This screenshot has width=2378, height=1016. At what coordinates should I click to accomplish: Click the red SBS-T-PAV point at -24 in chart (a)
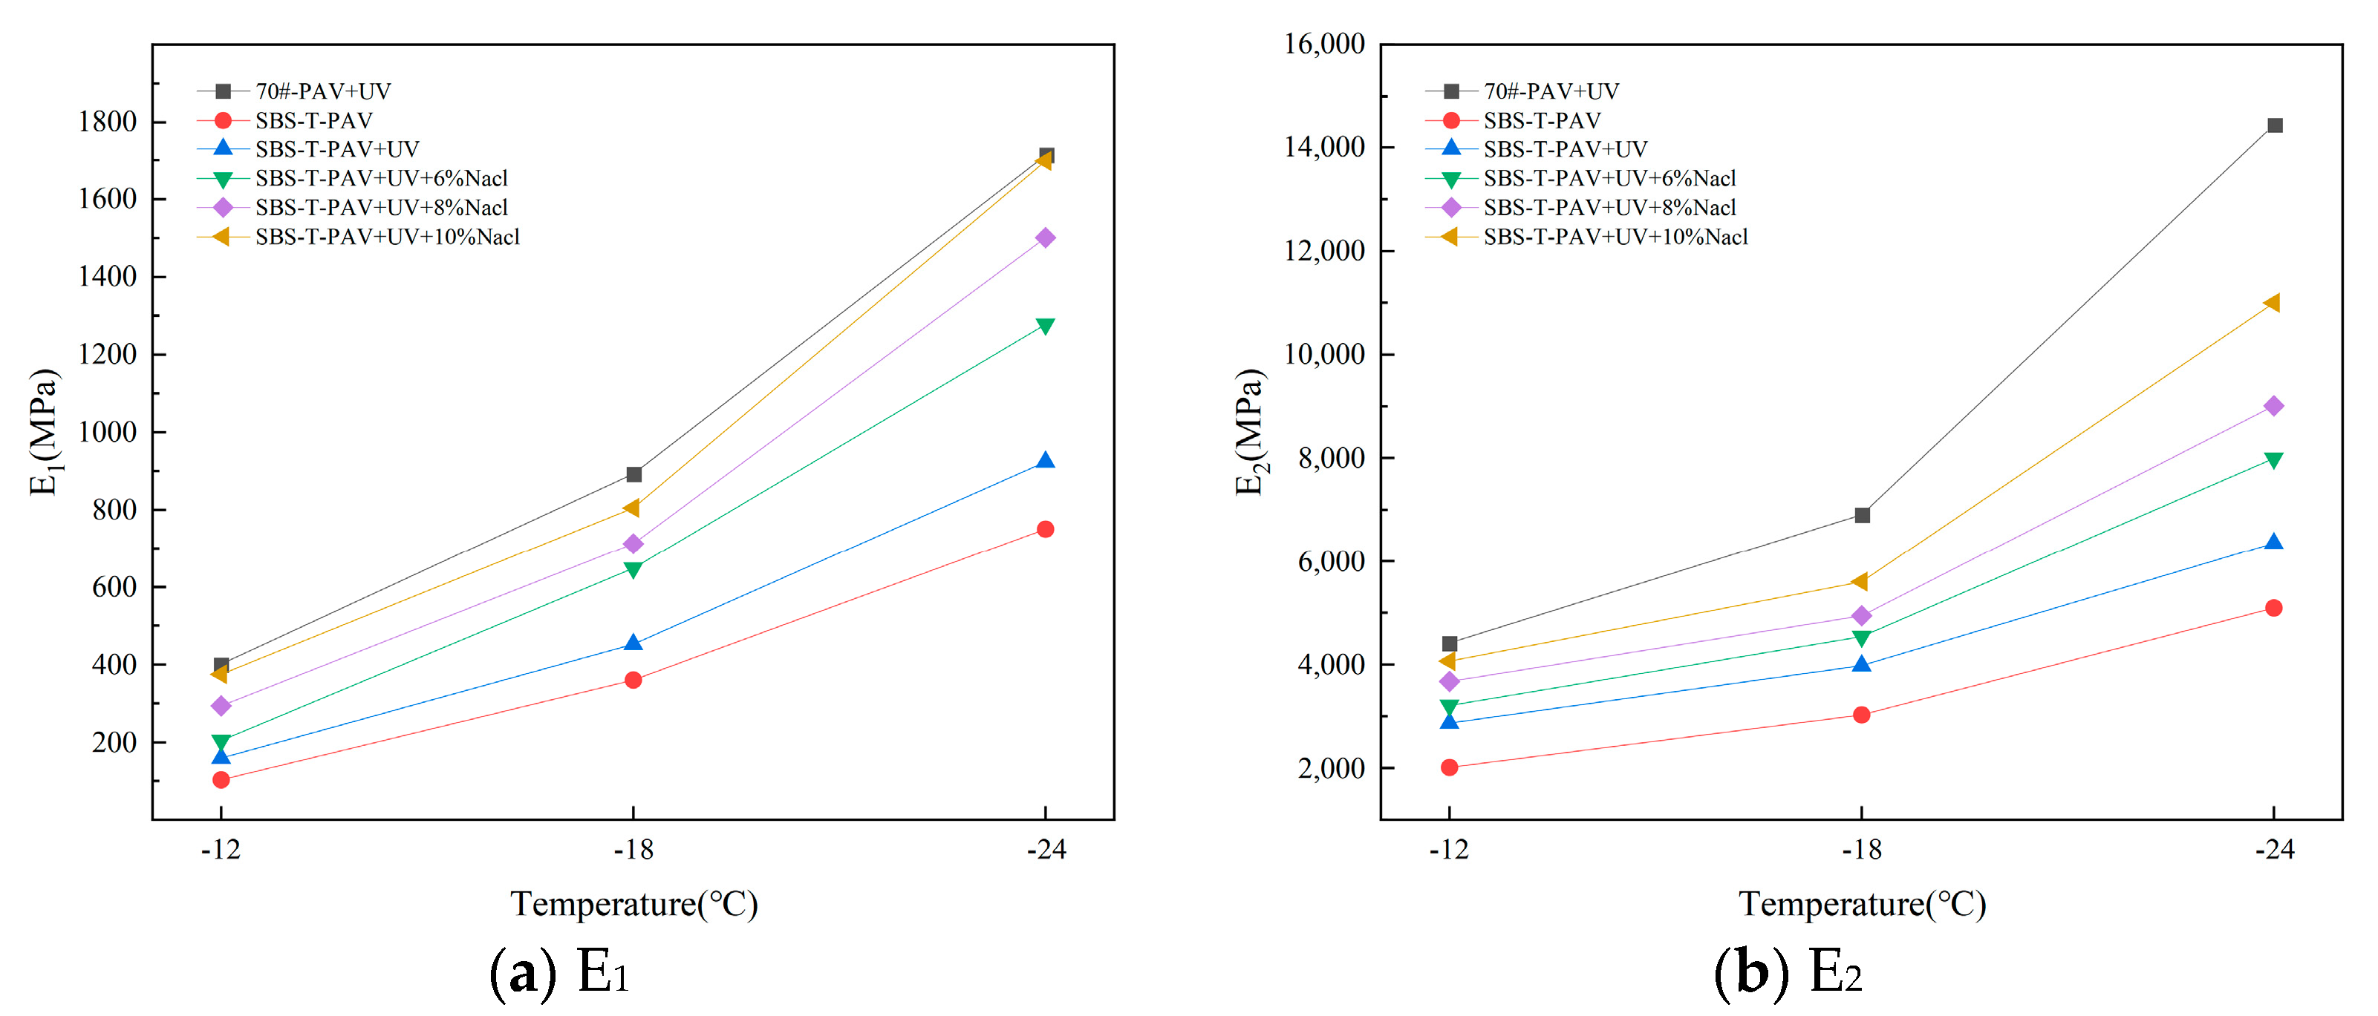click(1045, 528)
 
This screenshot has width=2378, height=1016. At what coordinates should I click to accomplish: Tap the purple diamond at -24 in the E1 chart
click(1045, 238)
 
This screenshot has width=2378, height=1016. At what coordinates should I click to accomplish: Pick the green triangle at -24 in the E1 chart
click(1045, 326)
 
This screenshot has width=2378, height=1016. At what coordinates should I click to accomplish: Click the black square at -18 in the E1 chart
click(633, 474)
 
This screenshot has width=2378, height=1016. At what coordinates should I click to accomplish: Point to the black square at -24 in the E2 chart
click(2275, 125)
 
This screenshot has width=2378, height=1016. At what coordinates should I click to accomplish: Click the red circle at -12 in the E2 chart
click(1450, 767)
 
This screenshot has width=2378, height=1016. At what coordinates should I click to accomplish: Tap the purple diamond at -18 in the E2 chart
click(1862, 615)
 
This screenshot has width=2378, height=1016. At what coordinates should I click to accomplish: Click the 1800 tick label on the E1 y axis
click(107, 122)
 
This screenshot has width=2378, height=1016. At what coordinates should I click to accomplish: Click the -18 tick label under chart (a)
click(633, 849)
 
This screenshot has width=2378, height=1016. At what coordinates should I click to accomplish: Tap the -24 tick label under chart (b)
click(2275, 849)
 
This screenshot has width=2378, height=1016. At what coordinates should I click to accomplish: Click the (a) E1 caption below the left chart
click(559, 971)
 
